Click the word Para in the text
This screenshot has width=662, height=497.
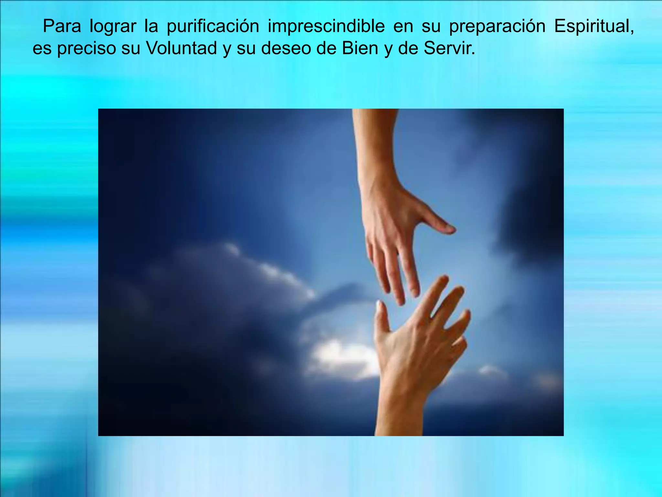62,26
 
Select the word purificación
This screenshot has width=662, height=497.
213,27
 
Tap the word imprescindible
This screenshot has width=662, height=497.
326,27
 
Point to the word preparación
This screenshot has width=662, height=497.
497,27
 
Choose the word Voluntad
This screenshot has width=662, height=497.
181,48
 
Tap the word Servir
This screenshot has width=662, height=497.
449,48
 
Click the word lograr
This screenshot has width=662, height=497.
112,27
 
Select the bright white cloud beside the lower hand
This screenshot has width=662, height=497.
339,356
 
